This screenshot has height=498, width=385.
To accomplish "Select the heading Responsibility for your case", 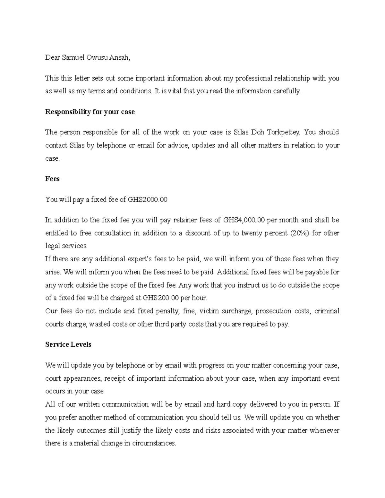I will [x=90, y=112].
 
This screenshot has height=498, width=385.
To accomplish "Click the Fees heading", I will [x=52, y=179].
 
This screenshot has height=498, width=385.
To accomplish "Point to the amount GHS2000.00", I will [x=148, y=199].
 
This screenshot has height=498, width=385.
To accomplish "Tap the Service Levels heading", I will [x=68, y=344].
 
